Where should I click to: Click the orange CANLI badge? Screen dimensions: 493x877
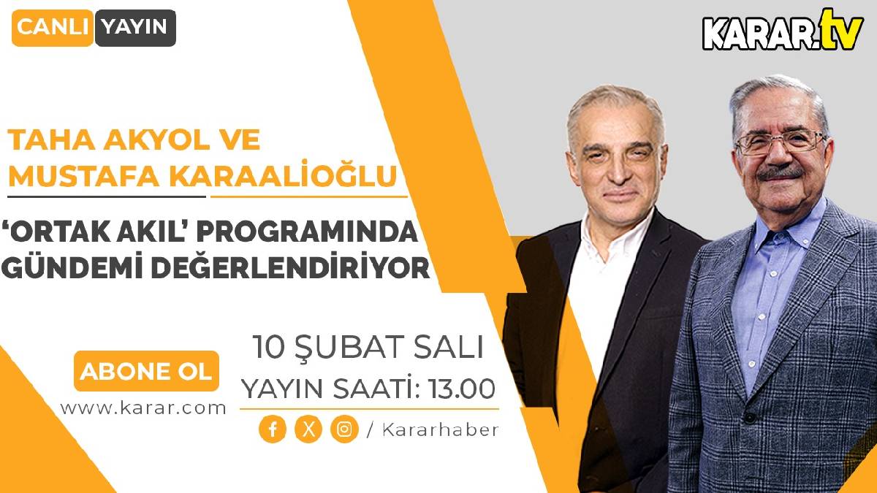click(x=53, y=28)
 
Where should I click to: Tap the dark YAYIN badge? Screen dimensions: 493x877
click(x=134, y=28)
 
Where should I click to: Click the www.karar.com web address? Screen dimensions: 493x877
click(x=143, y=408)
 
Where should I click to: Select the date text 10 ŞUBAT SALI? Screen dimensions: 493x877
click(x=368, y=347)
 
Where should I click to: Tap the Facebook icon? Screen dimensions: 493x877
click(x=272, y=429)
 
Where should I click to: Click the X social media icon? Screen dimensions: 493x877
click(x=308, y=429)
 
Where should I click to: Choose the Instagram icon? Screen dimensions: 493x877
click(x=343, y=429)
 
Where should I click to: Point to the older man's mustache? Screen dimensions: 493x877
click(x=780, y=174)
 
